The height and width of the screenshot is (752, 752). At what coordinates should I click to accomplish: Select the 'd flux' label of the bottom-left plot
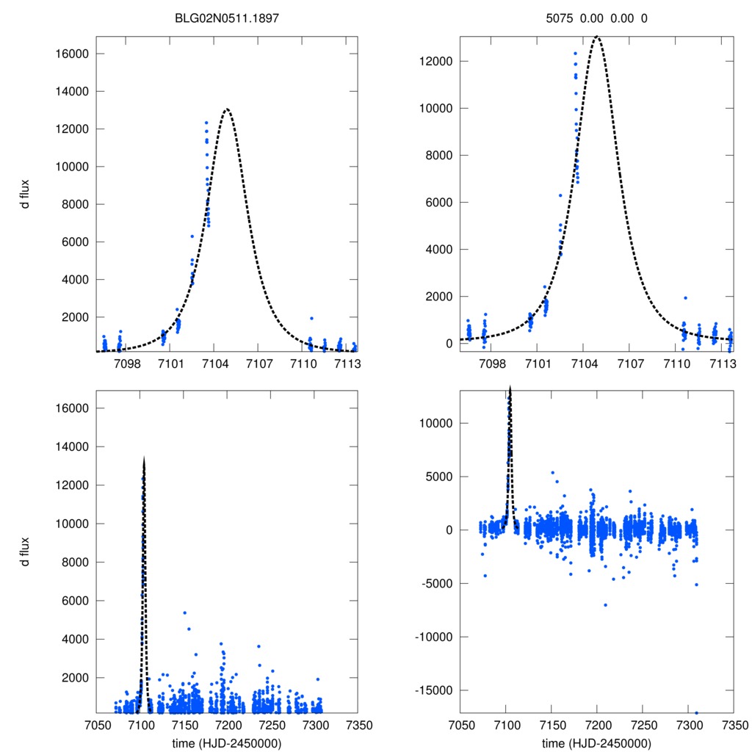25,550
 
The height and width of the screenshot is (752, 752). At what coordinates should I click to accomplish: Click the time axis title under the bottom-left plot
226,742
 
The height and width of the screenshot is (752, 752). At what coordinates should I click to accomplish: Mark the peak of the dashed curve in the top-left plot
227,109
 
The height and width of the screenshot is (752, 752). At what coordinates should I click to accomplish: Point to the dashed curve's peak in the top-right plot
597,36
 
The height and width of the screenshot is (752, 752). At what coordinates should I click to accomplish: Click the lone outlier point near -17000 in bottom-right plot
696,712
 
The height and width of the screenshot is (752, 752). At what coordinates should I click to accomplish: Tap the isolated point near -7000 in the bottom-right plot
605,605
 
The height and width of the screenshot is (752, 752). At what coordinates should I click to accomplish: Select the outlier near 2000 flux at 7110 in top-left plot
311,318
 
